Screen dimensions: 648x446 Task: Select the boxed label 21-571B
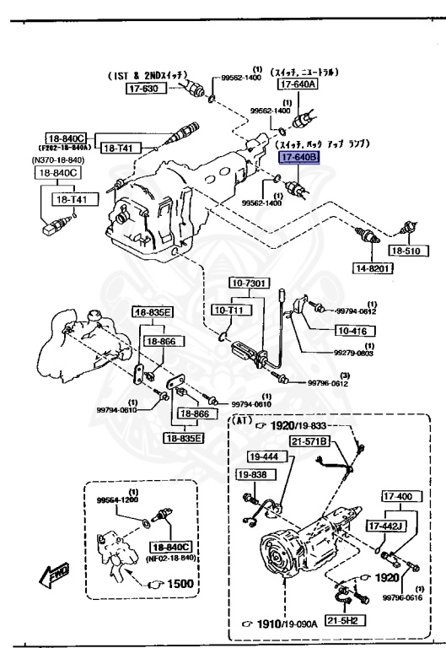[x=309, y=441]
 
